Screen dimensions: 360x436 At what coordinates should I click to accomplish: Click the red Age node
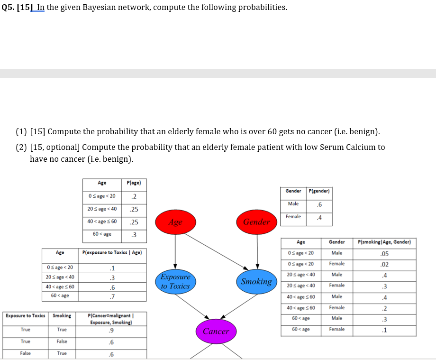pyautogui.click(x=175, y=222)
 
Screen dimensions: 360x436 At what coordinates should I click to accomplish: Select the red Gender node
pyautogui.click(x=257, y=222)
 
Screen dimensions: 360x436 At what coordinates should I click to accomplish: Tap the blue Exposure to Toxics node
pyautogui.click(x=175, y=281)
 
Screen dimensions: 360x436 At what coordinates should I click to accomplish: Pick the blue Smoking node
pyautogui.click(x=256, y=281)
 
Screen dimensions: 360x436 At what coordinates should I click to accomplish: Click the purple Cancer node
pyautogui.click(x=216, y=331)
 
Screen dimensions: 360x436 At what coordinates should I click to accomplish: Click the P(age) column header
pyautogui.click(x=134, y=183)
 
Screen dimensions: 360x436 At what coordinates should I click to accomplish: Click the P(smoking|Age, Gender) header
pyautogui.click(x=384, y=242)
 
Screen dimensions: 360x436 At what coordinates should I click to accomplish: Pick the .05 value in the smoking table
pyautogui.click(x=384, y=253)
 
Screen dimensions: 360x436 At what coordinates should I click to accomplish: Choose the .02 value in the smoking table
pyautogui.click(x=384, y=264)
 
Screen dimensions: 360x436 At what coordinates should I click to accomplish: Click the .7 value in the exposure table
pyautogui.click(x=112, y=296)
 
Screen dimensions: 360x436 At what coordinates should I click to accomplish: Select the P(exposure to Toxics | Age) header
pyautogui.click(x=112, y=253)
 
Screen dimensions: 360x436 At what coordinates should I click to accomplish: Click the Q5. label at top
pyautogui.click(x=8, y=8)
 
